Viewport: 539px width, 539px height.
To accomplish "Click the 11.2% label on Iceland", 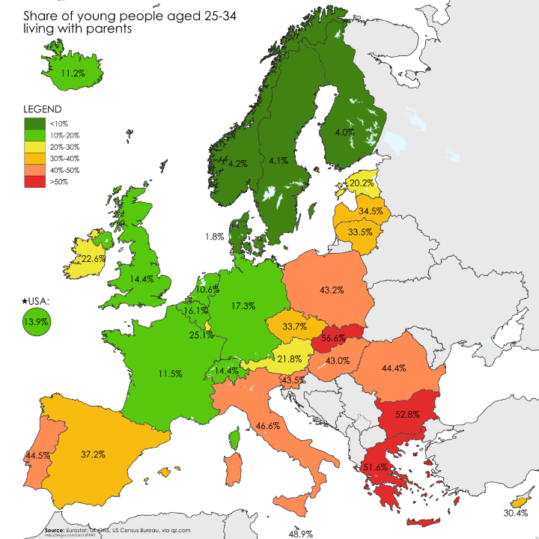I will [73, 73].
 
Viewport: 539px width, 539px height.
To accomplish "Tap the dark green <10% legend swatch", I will [34, 123].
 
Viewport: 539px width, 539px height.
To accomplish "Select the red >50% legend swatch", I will [34, 183].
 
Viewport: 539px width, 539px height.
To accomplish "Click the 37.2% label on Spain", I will [93, 454].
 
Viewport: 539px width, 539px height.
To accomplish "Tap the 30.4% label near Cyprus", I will [516, 514].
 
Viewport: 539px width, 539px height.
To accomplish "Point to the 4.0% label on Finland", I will [344, 133].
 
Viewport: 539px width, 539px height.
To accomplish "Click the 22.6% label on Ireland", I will [93, 258].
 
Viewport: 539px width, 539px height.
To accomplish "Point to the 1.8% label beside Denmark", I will [215, 237].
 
